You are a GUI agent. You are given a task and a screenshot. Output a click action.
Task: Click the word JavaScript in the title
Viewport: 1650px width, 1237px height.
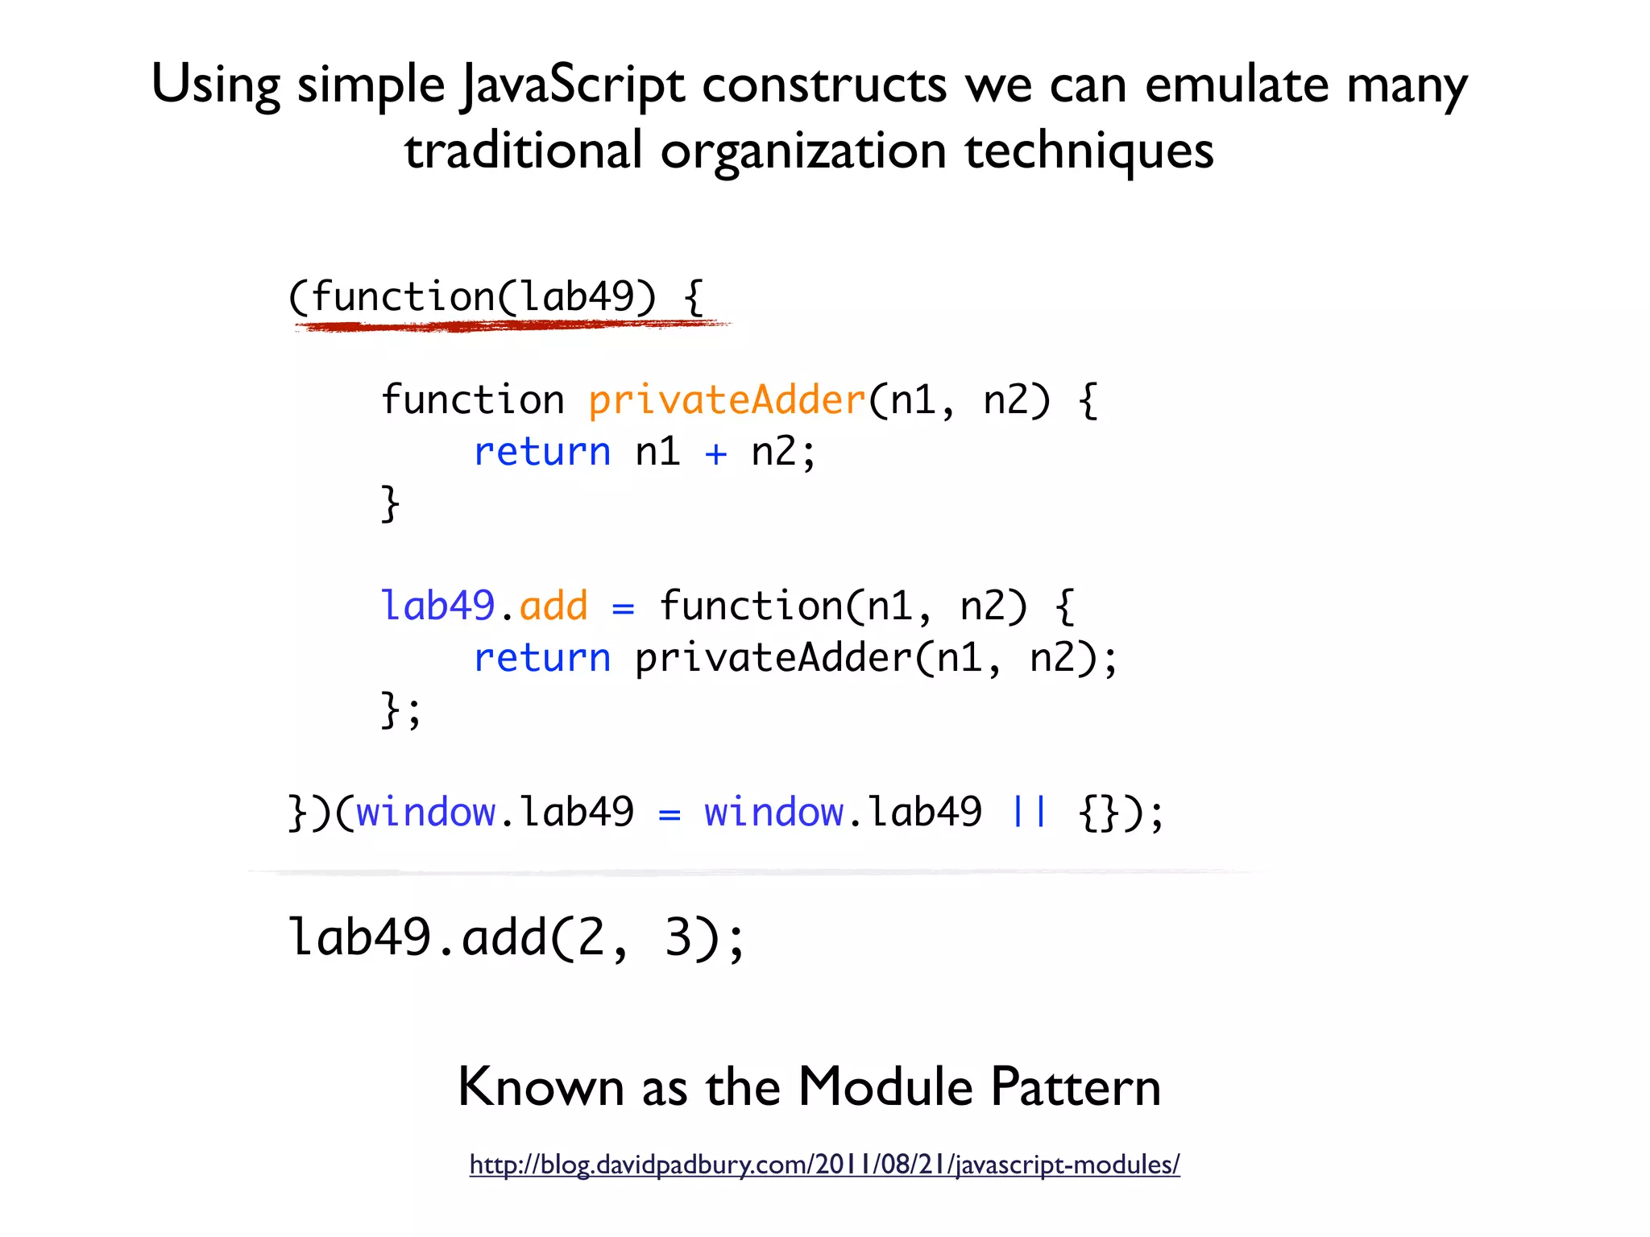pos(573,85)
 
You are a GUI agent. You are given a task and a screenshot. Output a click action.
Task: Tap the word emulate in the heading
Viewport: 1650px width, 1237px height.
pos(1237,85)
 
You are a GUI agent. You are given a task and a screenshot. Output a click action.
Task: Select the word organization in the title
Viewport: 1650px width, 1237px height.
pos(803,151)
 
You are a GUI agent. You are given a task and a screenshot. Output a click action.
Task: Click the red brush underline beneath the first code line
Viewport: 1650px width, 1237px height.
pos(508,325)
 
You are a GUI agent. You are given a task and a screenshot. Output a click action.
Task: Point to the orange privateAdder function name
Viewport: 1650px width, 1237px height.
pos(727,400)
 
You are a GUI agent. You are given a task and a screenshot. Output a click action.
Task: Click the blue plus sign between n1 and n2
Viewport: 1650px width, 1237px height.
pos(715,453)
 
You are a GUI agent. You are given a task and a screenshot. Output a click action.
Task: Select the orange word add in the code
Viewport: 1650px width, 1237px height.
pos(553,606)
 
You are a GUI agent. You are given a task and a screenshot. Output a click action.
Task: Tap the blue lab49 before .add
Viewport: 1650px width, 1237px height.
pos(437,606)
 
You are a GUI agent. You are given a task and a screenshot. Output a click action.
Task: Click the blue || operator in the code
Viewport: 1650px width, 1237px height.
pos(1029,812)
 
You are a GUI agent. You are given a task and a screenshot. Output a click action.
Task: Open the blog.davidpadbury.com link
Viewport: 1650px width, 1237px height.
pos(824,1165)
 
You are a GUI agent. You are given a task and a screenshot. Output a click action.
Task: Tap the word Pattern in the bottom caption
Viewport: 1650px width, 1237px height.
pos(1076,1087)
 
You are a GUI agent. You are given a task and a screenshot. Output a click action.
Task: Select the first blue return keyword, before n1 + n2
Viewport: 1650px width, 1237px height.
pos(541,452)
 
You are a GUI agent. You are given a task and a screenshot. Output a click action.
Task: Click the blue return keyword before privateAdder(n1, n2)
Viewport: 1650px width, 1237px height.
pos(541,658)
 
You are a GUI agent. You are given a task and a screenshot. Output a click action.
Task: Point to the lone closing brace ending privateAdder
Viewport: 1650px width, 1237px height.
pos(390,503)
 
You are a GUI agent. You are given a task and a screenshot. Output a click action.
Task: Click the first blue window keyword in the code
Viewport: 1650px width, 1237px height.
pos(425,812)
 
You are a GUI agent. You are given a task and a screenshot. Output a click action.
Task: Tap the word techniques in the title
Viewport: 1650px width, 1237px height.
pos(1088,151)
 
